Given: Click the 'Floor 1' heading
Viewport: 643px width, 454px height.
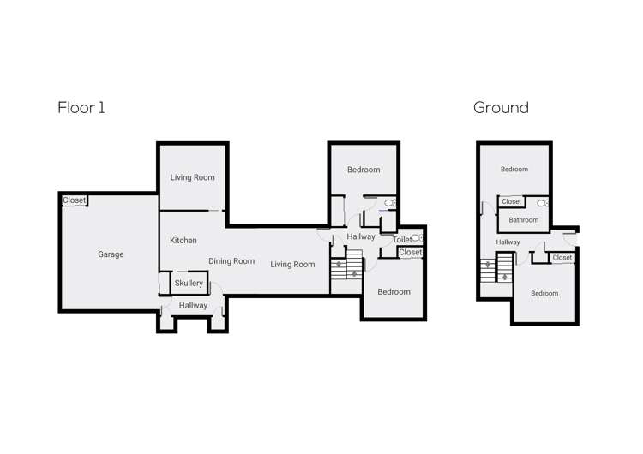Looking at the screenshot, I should click(x=81, y=108).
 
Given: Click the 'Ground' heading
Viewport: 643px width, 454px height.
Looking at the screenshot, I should click(x=501, y=108).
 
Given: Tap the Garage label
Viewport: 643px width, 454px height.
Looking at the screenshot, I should click(x=111, y=254).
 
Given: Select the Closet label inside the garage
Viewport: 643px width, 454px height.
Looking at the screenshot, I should click(x=75, y=200).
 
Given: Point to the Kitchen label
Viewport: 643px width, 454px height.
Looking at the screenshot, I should click(x=183, y=241).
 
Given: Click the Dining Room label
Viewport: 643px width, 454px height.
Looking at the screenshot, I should click(x=231, y=261).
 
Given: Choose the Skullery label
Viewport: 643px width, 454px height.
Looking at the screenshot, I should click(x=189, y=284).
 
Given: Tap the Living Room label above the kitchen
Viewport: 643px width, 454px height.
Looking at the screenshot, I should click(x=192, y=177).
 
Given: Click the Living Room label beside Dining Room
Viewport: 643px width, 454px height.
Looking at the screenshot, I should click(x=292, y=265).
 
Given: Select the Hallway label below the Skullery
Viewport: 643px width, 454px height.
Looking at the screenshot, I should click(x=193, y=305).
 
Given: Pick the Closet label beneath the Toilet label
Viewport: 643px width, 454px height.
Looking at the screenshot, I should click(x=410, y=253).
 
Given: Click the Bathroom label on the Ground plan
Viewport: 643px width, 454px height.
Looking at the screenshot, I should click(x=523, y=220).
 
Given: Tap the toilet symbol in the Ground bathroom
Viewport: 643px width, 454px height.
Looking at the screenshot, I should click(x=543, y=204).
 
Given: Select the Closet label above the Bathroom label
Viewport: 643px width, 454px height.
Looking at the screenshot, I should click(x=512, y=202).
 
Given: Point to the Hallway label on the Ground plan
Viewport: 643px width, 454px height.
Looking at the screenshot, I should click(x=508, y=242).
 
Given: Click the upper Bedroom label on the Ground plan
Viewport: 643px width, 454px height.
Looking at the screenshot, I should click(x=514, y=170).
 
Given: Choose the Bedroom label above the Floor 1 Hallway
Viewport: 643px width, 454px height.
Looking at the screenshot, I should click(x=364, y=170).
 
